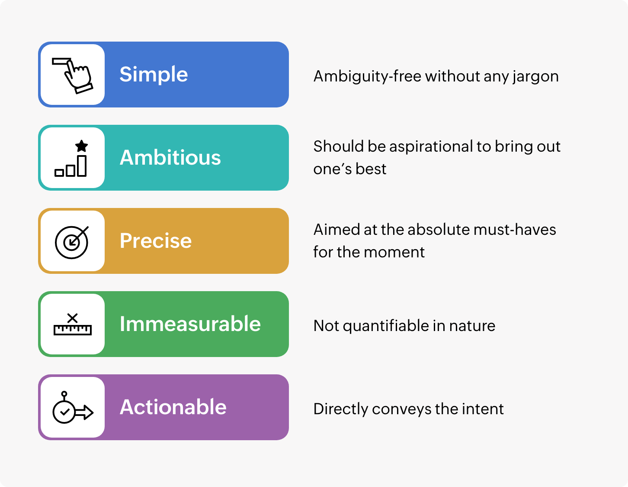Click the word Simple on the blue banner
click(x=154, y=75)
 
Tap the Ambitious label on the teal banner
click(x=170, y=158)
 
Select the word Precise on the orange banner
click(x=155, y=240)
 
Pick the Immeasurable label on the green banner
click(x=190, y=324)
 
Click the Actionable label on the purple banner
click(x=173, y=407)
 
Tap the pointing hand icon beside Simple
click(x=73, y=76)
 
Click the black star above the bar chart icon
click(x=81, y=146)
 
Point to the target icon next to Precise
click(x=72, y=242)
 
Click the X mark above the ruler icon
click(x=72, y=318)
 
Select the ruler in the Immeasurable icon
click(x=73, y=330)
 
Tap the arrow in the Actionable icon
click(x=84, y=412)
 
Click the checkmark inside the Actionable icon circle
click(x=64, y=412)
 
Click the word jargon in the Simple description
click(x=536, y=77)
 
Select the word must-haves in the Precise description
click(x=515, y=230)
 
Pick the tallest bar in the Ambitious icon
click(x=82, y=166)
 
